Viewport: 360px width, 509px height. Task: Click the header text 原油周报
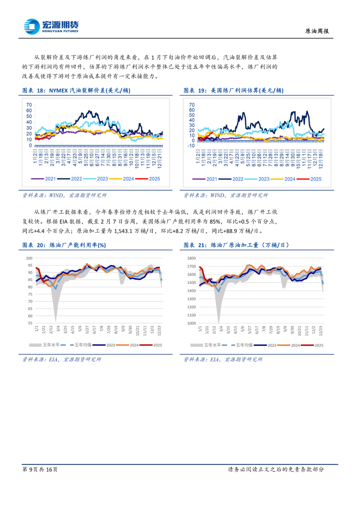coord(317,31)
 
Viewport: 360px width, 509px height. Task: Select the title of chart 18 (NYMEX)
coord(76,90)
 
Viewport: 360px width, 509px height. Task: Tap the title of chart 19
coord(233,90)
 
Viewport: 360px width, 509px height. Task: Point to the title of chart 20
coord(64,245)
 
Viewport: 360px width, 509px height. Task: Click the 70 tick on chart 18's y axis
coord(29,105)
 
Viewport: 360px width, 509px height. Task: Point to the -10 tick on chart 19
coord(191,146)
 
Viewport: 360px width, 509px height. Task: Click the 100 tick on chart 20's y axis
coord(29,258)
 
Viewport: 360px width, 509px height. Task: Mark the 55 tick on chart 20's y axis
coord(30,323)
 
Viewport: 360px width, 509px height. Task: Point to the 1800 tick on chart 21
coord(192,258)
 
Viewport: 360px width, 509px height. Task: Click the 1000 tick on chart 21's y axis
coord(192,323)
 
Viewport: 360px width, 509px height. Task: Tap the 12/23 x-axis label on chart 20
coord(159,331)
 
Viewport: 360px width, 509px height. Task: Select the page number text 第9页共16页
coord(40,469)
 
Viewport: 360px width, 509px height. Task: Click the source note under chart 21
coord(223,359)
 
